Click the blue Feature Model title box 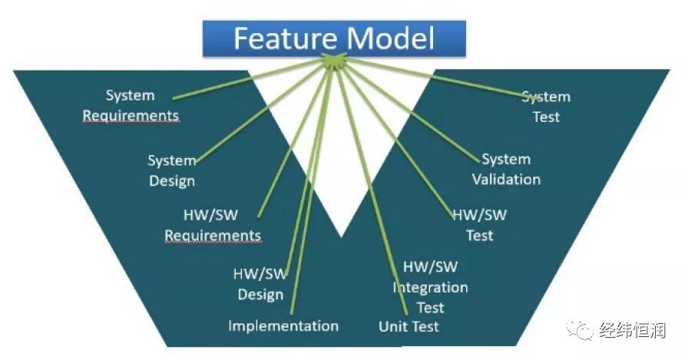point(334,38)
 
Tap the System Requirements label point(131,106)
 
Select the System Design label point(171,170)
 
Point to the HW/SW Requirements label point(213,226)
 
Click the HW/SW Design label point(260,284)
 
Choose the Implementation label point(283,325)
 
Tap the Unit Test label point(408,326)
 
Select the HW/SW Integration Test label point(430,287)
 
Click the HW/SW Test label point(480,226)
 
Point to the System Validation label point(506,170)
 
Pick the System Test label point(546,107)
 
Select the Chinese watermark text point(633,330)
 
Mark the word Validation point(506,180)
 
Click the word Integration point(430,288)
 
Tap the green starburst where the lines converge point(333,61)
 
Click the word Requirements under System point(131,116)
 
